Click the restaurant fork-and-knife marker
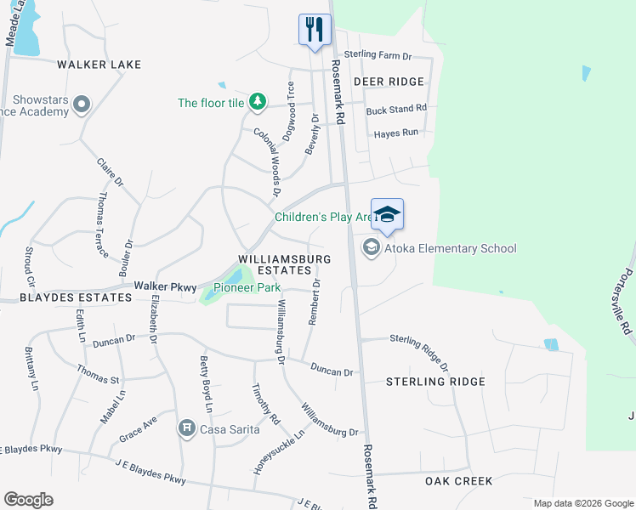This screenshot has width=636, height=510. pyautogui.click(x=315, y=30)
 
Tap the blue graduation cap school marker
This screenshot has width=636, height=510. pyautogui.click(x=387, y=214)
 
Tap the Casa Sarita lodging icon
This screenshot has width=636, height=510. pyautogui.click(x=187, y=428)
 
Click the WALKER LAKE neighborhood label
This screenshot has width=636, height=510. pyautogui.click(x=99, y=65)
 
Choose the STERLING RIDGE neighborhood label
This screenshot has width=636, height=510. pyautogui.click(x=435, y=382)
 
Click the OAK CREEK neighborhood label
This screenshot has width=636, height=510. pyautogui.click(x=458, y=481)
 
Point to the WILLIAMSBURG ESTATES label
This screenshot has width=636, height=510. pyautogui.click(x=283, y=263)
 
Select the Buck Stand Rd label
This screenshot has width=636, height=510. pyautogui.click(x=395, y=110)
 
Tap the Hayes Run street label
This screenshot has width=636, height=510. pyautogui.click(x=396, y=133)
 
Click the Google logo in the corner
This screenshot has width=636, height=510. pyautogui.click(x=28, y=500)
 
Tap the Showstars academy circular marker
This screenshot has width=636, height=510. pyautogui.click(x=82, y=105)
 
